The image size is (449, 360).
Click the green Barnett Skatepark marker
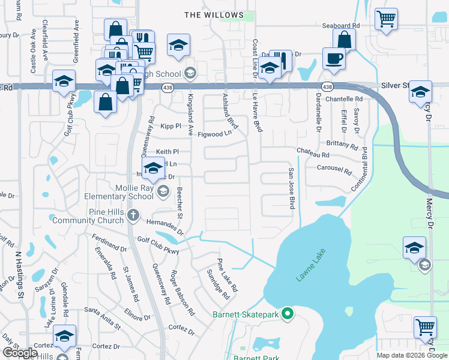(x=288, y=313)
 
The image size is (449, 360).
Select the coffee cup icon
(x=334, y=59)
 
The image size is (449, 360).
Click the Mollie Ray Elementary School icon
(x=162, y=192)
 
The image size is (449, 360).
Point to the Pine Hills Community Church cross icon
(x=133, y=214)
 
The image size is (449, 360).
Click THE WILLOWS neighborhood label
(x=214, y=14)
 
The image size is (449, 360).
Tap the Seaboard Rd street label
(x=340, y=26)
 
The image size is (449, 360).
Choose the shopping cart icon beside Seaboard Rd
(x=386, y=19)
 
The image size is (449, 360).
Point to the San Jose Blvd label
(x=291, y=188)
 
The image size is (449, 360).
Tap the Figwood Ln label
(x=214, y=134)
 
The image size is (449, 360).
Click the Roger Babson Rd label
(x=182, y=293)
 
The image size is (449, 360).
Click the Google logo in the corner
(x=20, y=353)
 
